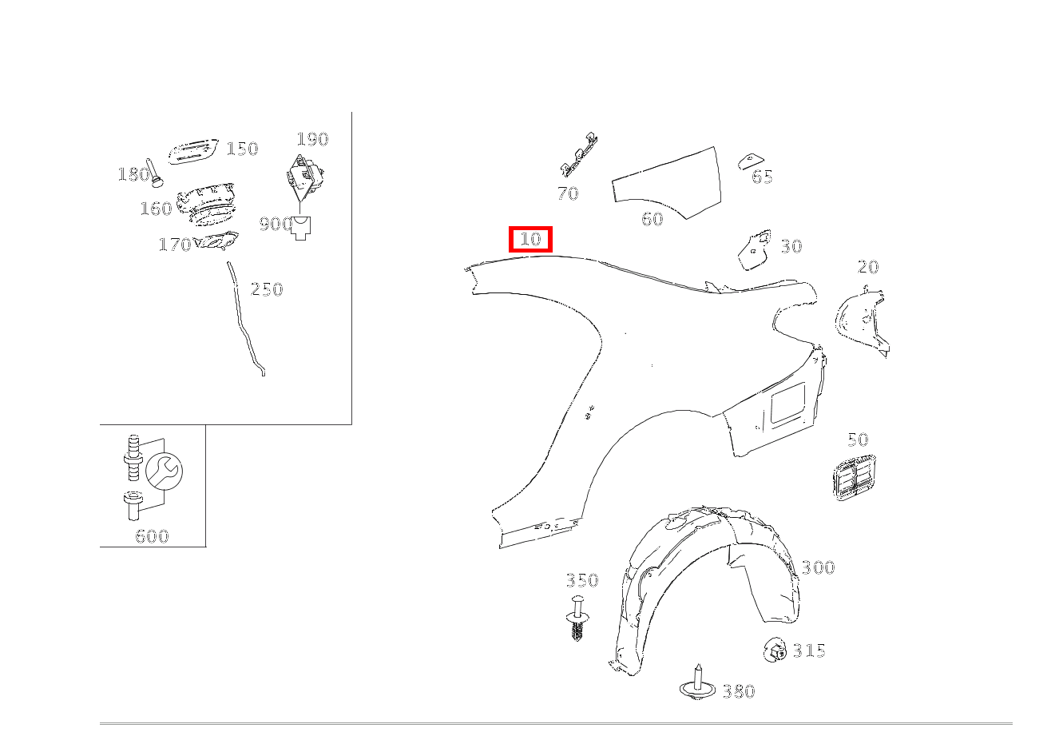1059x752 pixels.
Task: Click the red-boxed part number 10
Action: [x=530, y=239]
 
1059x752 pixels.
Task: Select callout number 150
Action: [x=242, y=149]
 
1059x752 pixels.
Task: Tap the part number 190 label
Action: [x=312, y=139]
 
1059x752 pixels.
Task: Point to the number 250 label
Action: [x=267, y=289]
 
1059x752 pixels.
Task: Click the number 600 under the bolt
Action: [x=152, y=536]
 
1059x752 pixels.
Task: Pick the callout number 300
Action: [x=819, y=567]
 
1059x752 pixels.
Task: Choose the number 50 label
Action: [x=858, y=440]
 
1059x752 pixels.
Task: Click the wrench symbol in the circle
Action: [x=164, y=471]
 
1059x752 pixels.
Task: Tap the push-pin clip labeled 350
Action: [x=577, y=618]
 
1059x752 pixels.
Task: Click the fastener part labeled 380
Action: [x=697, y=683]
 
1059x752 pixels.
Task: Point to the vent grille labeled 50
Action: [x=854, y=477]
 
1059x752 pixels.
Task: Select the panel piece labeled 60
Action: [x=667, y=182]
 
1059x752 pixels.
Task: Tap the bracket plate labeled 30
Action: [x=755, y=250]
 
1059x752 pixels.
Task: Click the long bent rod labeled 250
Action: [x=246, y=319]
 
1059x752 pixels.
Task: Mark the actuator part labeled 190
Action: [x=304, y=177]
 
